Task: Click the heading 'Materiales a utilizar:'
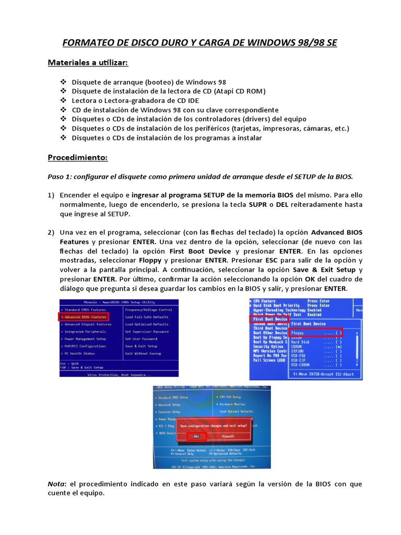pos(88,63)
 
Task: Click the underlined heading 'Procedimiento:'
pos(77,157)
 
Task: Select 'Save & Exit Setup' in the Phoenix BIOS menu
pos(141,346)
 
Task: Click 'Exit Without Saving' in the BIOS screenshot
pos(143,353)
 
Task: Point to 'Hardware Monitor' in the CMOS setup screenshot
pos(232,404)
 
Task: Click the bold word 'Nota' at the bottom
pos(56,484)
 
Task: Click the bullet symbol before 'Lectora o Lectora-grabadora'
pos(64,100)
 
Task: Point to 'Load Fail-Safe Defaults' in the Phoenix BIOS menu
pos(146,317)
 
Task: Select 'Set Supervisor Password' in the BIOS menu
pos(146,331)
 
